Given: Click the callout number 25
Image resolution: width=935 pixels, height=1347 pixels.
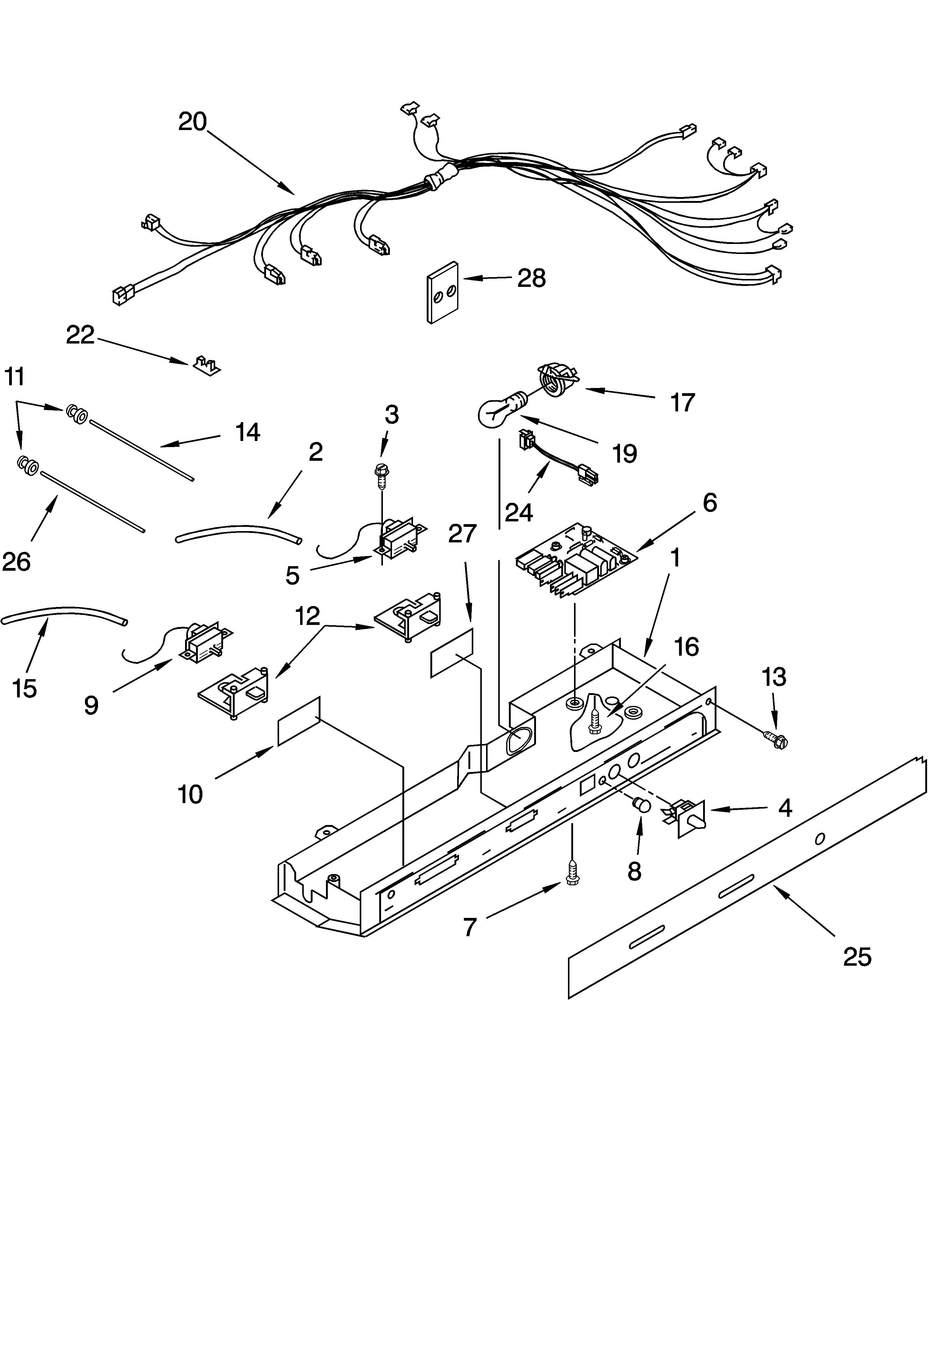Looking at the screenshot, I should tap(857, 957).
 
